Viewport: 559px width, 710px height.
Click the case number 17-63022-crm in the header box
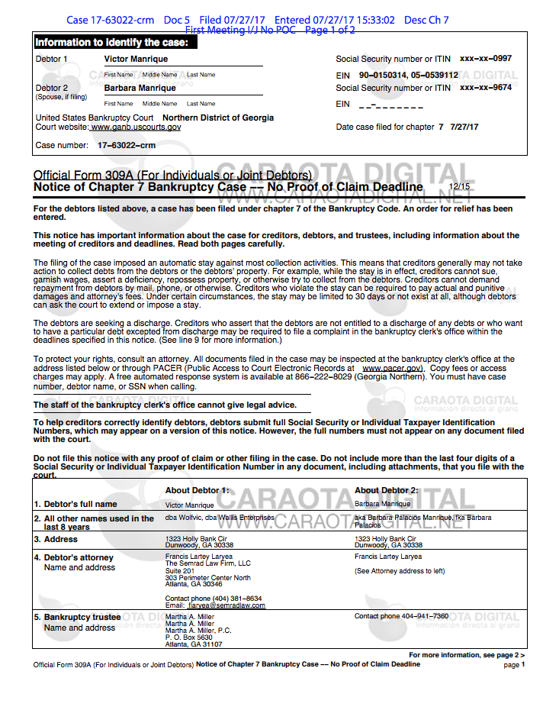(126, 145)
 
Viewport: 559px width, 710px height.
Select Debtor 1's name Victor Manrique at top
(136, 59)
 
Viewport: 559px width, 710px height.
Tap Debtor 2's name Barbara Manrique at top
(140, 88)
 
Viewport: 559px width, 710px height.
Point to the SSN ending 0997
(486, 59)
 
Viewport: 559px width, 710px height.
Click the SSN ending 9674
(486, 88)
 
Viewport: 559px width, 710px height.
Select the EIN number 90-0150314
(384, 75)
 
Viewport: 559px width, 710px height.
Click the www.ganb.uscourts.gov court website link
(136, 127)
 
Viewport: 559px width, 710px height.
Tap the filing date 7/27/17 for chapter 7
(464, 127)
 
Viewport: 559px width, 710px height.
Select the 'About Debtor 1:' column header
(197, 490)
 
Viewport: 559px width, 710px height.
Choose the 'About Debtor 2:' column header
(386, 490)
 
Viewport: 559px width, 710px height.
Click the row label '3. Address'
(61, 540)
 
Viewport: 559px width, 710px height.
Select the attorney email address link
(226, 606)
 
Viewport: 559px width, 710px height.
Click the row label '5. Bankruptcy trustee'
(82, 617)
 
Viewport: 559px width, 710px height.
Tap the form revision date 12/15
(459, 186)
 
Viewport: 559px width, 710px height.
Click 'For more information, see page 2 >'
(466, 655)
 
